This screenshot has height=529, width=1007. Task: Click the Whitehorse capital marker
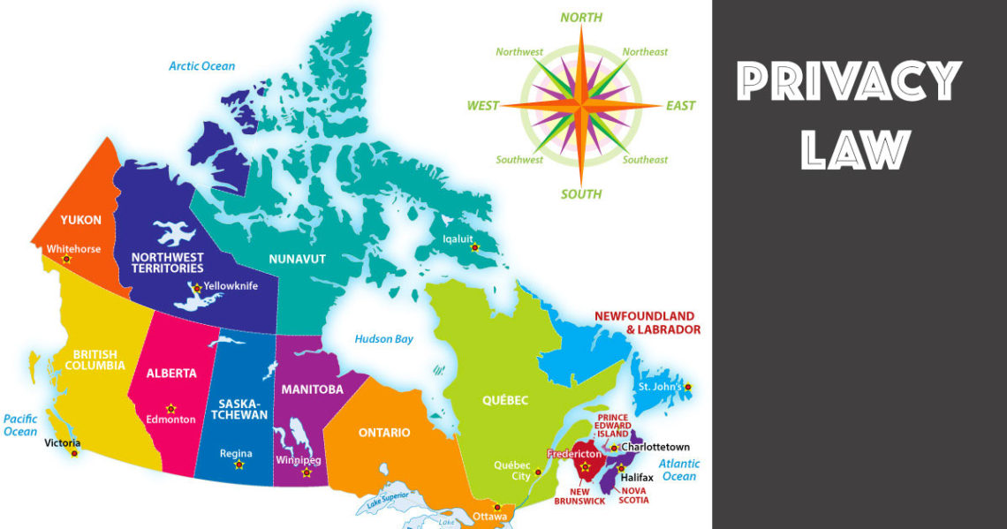click(x=66, y=259)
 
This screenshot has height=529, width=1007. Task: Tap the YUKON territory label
click(x=81, y=220)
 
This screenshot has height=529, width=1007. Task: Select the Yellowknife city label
click(x=231, y=286)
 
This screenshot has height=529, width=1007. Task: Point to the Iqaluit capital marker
click(x=475, y=248)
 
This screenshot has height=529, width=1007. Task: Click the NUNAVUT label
click(x=298, y=259)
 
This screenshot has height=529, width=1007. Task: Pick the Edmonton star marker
click(x=171, y=408)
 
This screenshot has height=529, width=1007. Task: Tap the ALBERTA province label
click(x=171, y=374)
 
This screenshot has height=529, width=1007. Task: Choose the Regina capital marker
click(x=238, y=465)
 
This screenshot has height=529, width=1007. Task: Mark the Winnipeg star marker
click(x=307, y=472)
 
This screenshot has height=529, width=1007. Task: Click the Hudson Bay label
click(x=383, y=339)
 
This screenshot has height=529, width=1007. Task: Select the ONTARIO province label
click(x=383, y=433)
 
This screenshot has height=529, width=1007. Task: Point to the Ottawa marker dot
click(x=496, y=507)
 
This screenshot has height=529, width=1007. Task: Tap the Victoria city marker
click(x=74, y=453)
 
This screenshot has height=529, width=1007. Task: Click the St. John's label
click(x=659, y=387)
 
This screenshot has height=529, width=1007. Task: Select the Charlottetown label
click(x=655, y=447)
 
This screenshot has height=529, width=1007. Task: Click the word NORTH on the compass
click(x=581, y=17)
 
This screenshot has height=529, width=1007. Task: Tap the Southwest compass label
click(x=519, y=160)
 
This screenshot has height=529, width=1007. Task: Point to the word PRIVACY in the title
click(x=848, y=83)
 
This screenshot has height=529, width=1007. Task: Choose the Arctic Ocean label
click(x=202, y=66)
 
